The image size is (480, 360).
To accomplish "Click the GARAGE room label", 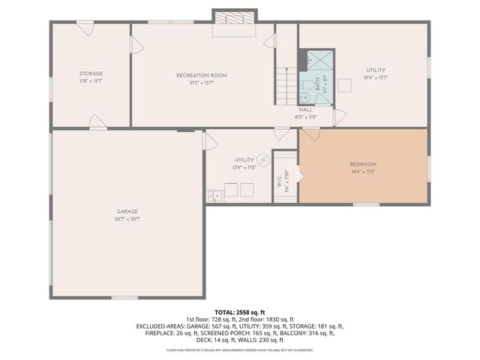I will [x=127, y=211].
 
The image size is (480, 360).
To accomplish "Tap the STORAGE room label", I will [x=91, y=73].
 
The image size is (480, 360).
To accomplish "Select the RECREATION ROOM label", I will [x=201, y=75].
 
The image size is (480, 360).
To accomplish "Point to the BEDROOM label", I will [x=363, y=164].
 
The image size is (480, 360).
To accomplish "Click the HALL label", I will [x=305, y=109].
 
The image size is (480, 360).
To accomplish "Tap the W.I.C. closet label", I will [x=279, y=181].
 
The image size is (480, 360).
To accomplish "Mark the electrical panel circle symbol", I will [x=263, y=159].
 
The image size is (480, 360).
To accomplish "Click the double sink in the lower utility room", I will [x=214, y=196].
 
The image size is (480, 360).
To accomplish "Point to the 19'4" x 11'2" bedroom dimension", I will [x=363, y=172].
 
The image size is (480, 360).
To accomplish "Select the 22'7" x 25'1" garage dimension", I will [x=127, y=219].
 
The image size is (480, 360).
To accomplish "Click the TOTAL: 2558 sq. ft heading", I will [x=239, y=312].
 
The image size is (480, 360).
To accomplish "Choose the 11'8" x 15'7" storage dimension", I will [x=91, y=81].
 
